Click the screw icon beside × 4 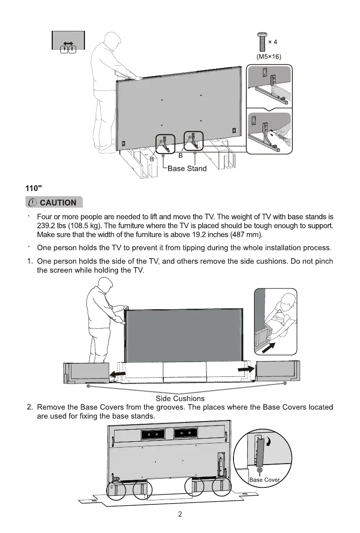261,43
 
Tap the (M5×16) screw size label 268,57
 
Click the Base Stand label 187,169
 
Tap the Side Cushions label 180,398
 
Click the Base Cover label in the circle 264,480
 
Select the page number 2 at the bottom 180,514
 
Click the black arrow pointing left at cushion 117,373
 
